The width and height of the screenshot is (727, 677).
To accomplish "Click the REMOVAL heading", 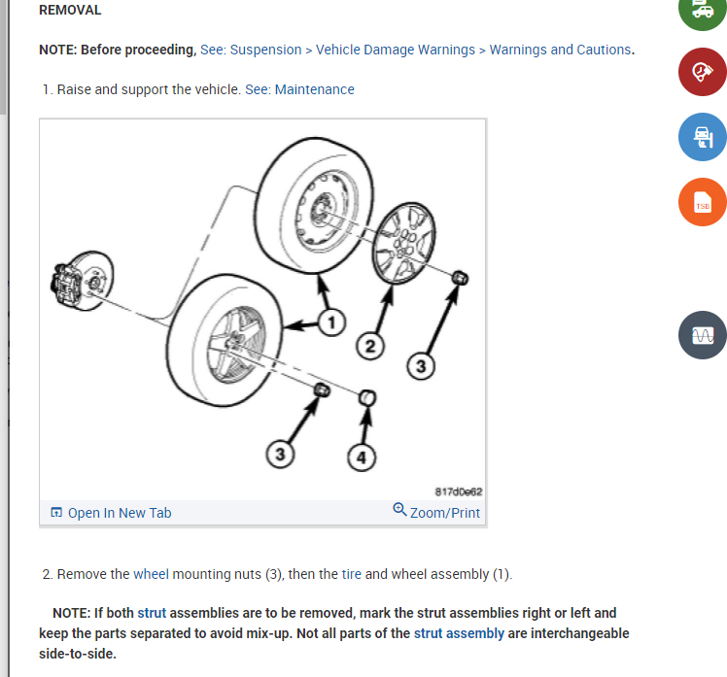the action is (70, 10).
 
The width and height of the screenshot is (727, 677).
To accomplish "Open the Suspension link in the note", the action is (265, 50).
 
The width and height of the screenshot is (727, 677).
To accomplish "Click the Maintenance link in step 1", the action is (314, 89).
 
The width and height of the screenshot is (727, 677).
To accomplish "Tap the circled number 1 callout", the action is (331, 322).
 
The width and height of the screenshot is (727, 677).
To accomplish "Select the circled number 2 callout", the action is (370, 346).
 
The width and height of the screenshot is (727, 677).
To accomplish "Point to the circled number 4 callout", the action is (362, 457).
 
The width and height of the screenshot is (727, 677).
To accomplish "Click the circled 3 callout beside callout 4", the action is (280, 455).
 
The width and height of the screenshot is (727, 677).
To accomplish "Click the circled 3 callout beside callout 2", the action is (421, 366).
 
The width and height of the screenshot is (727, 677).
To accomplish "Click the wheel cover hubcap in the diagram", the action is (404, 243).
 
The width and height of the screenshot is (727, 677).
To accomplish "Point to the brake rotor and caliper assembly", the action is (82, 281).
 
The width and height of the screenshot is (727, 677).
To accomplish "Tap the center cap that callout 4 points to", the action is (367, 398).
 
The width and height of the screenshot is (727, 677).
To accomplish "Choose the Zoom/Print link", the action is (436, 512).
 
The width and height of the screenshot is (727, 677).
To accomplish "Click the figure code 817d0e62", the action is (459, 491).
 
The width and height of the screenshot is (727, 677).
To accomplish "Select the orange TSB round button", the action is (703, 202).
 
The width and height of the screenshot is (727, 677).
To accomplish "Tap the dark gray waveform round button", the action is (703, 335).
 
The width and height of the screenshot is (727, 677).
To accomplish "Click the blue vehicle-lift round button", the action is (703, 137).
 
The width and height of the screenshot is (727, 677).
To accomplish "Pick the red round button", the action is (703, 72).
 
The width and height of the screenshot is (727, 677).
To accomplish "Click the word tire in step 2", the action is (352, 574).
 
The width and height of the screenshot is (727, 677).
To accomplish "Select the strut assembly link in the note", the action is (459, 633).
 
